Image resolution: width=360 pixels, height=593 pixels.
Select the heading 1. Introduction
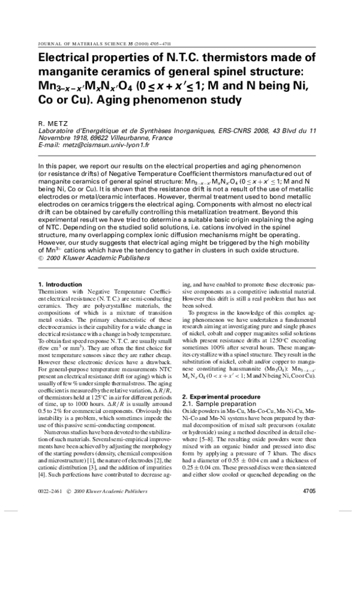coord(59,284)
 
